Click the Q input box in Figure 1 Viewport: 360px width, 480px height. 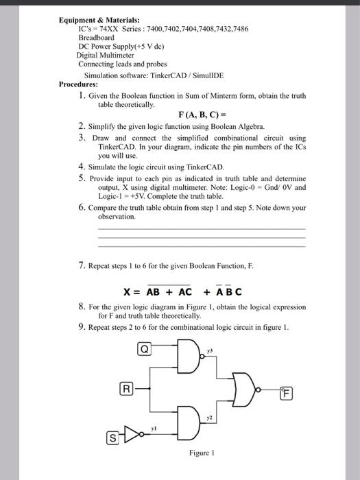pos(145,348)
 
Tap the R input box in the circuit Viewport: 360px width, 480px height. pos(126,389)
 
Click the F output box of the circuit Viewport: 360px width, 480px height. pos(287,394)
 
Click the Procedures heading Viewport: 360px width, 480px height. pos(80,84)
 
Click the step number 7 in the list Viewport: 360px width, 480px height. pos(82,263)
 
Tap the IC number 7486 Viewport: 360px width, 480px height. pos(237,29)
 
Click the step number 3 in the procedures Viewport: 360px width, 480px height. pos(82,138)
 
